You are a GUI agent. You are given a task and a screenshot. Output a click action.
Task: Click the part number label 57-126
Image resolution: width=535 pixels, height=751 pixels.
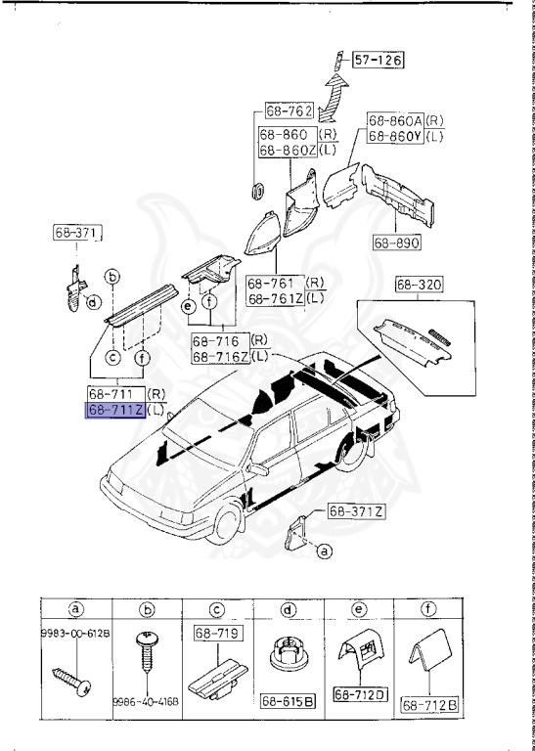377,61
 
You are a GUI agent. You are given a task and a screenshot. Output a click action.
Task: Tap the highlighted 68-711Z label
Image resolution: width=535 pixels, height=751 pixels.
115,411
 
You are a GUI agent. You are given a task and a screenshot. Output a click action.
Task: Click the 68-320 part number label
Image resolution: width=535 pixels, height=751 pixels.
419,286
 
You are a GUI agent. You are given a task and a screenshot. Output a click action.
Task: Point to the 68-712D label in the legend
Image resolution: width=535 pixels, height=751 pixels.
360,694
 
